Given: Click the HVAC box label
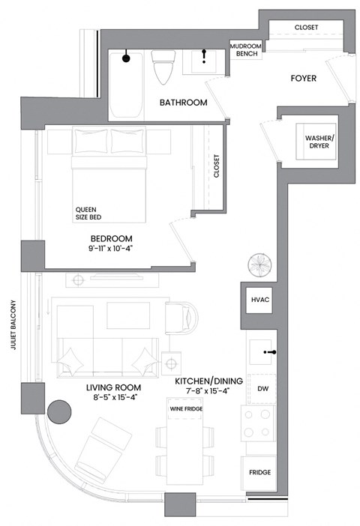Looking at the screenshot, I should (x=259, y=300).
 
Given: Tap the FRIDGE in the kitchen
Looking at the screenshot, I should (x=259, y=474).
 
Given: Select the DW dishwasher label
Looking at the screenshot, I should (x=262, y=389).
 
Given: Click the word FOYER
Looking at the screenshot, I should (x=303, y=78).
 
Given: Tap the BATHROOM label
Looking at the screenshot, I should (x=182, y=103).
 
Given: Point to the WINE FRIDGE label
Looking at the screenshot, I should (x=185, y=409).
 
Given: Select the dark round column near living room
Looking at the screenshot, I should (x=58, y=411).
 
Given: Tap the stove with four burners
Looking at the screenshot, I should (x=259, y=423).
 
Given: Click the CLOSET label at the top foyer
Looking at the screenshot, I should (x=306, y=27).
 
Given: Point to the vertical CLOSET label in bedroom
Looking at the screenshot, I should (x=216, y=166).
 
